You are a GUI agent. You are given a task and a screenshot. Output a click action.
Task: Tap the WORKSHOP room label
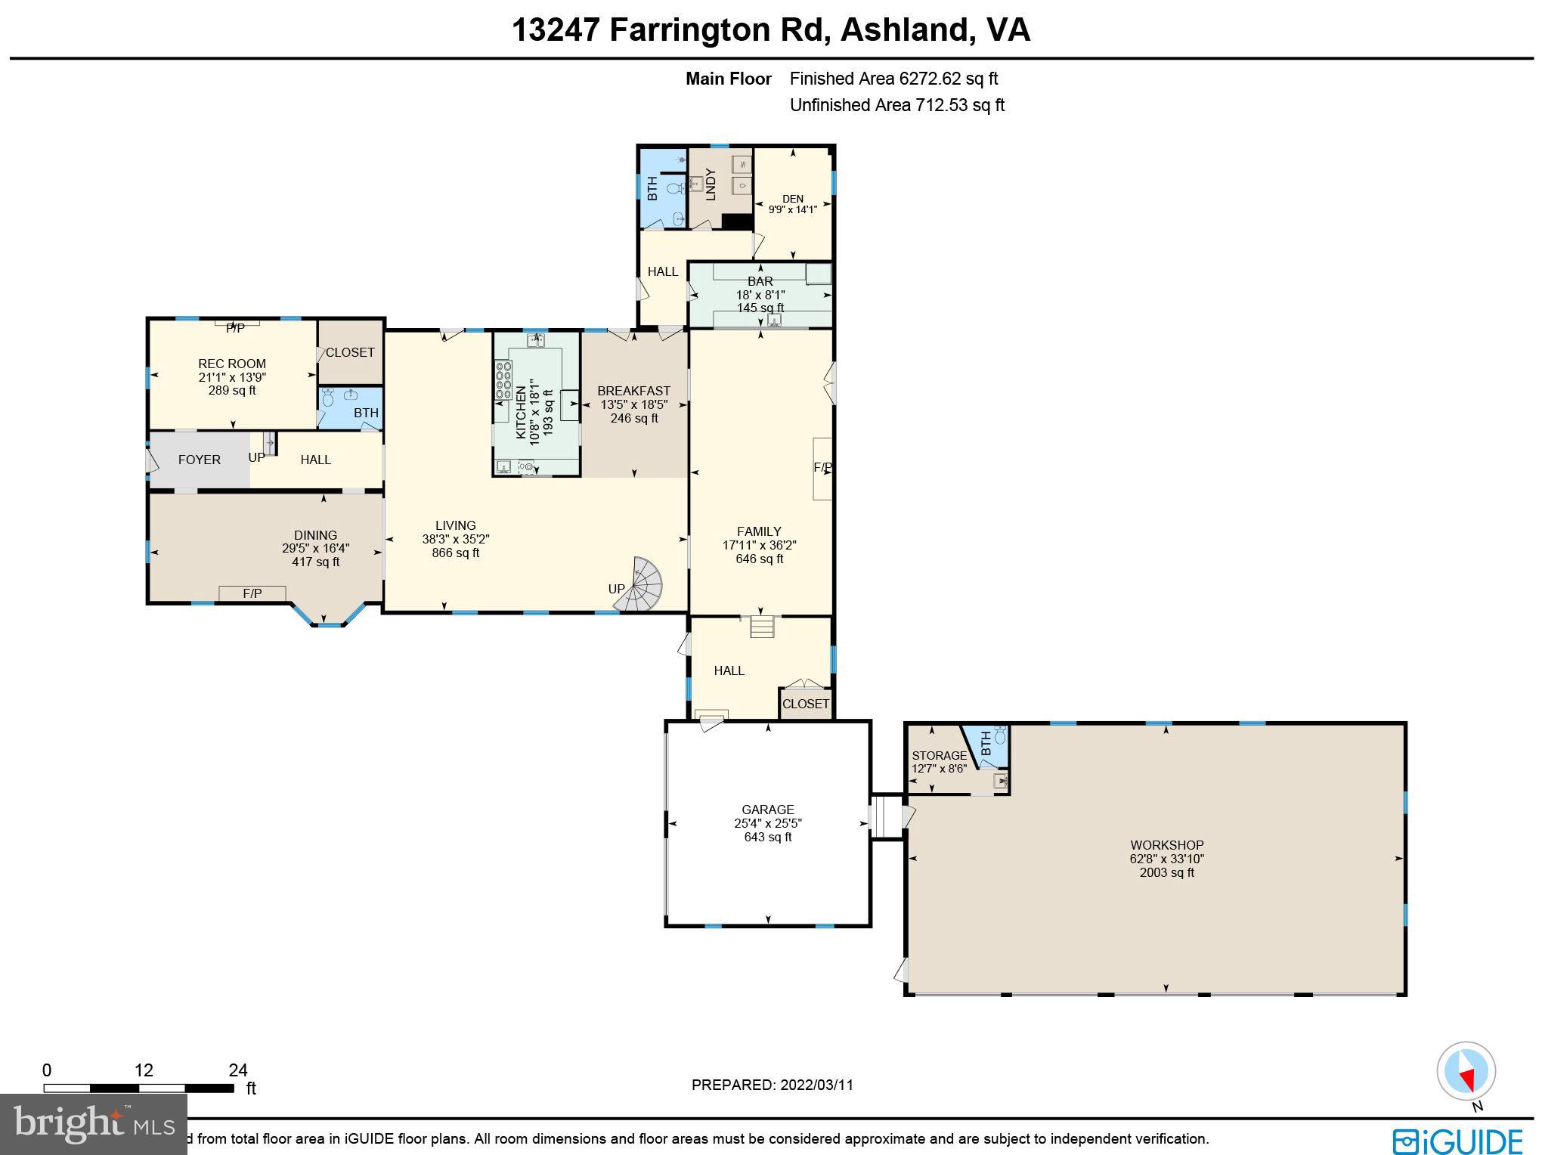[x=1166, y=845]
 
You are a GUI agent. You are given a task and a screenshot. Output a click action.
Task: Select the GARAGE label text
[x=767, y=810]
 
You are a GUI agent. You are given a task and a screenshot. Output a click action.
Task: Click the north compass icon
[x=1466, y=1071]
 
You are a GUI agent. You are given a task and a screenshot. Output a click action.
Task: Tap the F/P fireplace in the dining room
[x=252, y=593]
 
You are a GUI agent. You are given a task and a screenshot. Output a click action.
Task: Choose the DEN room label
[x=792, y=199]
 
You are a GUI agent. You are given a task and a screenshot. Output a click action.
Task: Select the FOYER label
[x=200, y=460]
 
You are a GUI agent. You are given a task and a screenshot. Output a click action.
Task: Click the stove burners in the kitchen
[x=503, y=380]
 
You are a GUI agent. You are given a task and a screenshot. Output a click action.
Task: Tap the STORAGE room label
[x=939, y=755]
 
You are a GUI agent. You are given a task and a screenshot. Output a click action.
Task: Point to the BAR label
[x=760, y=281]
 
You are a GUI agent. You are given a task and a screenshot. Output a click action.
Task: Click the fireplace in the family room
[x=822, y=468]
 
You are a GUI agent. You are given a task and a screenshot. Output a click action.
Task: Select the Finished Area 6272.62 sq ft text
[x=893, y=79]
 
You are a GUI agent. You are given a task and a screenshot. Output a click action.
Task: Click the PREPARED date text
[x=772, y=1085]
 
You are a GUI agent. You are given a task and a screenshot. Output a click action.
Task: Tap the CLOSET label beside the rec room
[x=350, y=352]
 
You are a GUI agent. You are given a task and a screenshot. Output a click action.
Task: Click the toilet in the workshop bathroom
[x=1001, y=735]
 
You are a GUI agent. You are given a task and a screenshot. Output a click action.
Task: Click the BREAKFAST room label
[x=633, y=391]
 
